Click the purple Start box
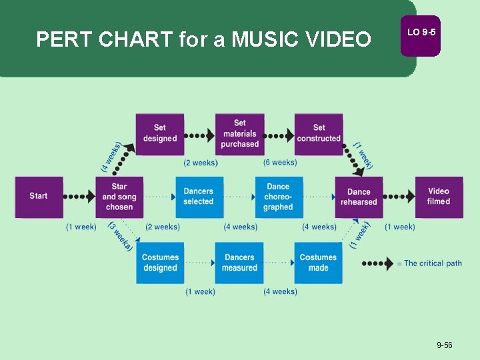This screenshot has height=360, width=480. tap(39, 197)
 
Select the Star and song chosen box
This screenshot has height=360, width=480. tap(119, 197)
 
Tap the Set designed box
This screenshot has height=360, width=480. tap(160, 133)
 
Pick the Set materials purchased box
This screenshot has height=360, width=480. tap(240, 133)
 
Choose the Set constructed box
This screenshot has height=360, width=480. tap(319, 133)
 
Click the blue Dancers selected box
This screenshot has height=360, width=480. tap(199, 197)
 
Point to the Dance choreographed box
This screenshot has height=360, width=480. tap(279, 197)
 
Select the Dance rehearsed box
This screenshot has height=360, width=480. tap(359, 197)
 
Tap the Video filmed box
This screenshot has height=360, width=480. tap(439, 197)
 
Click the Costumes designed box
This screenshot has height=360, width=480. tap(160, 263)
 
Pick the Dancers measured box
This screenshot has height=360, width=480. tap(240, 263)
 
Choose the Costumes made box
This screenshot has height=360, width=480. tap(319, 263)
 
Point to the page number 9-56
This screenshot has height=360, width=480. tap(445, 345)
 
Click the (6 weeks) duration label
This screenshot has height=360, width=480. tap(280, 163)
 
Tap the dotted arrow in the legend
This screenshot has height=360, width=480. tap(377, 263)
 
